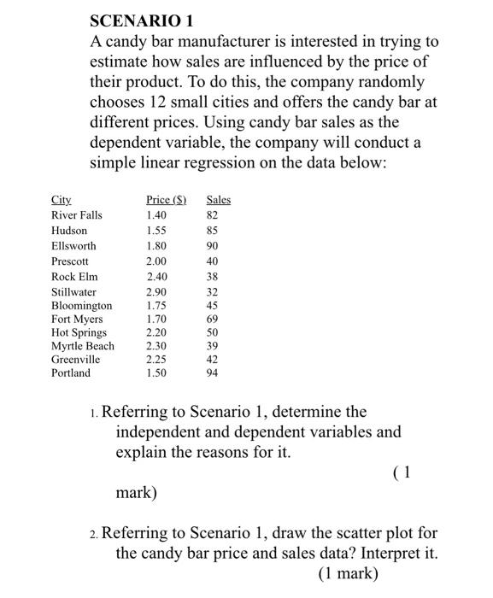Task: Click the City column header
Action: coord(60,200)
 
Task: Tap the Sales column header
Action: coord(219,200)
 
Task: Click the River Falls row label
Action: coord(76,215)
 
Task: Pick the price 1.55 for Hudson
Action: coord(157,231)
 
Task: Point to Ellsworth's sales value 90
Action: coord(214,246)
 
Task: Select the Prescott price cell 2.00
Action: coord(157,261)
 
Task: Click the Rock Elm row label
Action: coord(74,277)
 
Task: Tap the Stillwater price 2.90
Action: coord(157,292)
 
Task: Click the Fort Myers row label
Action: coord(77,320)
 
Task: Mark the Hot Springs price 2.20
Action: coord(157,332)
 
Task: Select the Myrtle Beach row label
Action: coord(82,346)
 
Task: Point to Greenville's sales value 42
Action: coord(214,360)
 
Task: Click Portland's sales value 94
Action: coord(214,373)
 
